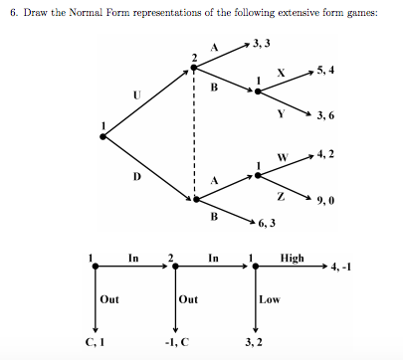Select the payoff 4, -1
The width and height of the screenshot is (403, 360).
pos(348,267)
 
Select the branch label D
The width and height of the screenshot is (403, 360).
pos(136,177)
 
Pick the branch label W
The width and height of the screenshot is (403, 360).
pos(283,157)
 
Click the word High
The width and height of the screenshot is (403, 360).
pos(293,258)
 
